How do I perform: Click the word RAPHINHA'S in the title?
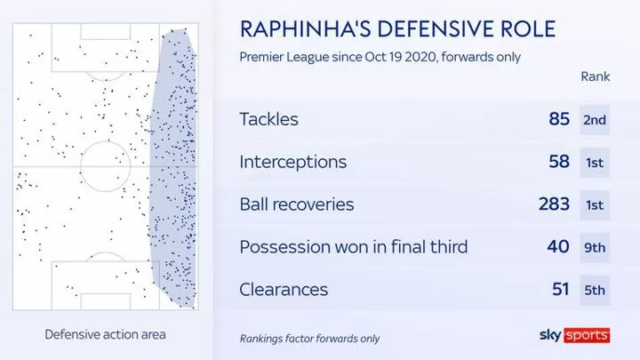click(305, 29)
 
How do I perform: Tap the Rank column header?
click(595, 76)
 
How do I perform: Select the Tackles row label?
click(268, 119)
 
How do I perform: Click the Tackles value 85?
click(559, 119)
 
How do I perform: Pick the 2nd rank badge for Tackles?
click(595, 120)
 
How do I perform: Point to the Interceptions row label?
click(293, 162)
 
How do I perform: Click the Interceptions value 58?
click(559, 161)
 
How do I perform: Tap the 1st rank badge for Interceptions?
click(595, 163)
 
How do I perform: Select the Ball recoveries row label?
click(297, 204)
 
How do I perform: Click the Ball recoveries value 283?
click(554, 204)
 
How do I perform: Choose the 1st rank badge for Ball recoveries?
click(595, 205)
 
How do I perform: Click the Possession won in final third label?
click(354, 246)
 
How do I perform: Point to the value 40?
click(558, 246)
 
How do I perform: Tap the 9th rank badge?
click(595, 248)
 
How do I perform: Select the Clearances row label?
click(284, 290)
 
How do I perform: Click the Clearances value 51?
click(561, 289)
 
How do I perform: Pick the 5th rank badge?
click(595, 290)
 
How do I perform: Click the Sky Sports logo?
click(575, 335)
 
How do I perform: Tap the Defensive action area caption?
click(105, 335)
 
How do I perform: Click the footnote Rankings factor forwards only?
click(309, 339)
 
